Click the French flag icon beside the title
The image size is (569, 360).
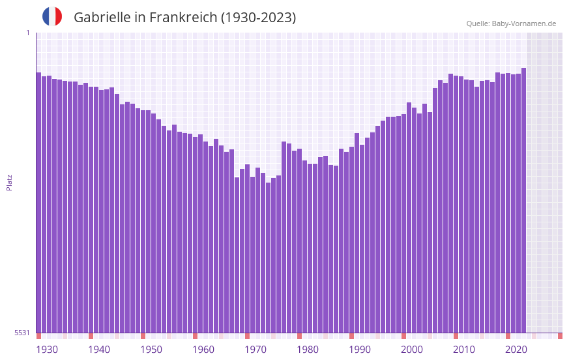pyautogui.click(x=52, y=16)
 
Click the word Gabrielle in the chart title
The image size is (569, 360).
pyautogui.click(x=102, y=18)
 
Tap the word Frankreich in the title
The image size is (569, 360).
pyautogui.click(x=182, y=18)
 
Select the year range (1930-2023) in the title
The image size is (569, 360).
pyautogui.click(x=258, y=18)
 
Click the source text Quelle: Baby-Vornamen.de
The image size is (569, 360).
pyautogui.click(x=511, y=23)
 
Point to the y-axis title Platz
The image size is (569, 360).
pyautogui.click(x=9, y=182)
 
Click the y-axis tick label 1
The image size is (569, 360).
pyautogui.click(x=27, y=33)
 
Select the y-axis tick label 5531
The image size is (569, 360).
pyautogui.click(x=22, y=333)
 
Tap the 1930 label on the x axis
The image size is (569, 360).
pyautogui.click(x=47, y=350)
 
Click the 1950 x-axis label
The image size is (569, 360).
pyautogui.click(x=151, y=350)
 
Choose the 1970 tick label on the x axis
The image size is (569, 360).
pyautogui.click(x=255, y=350)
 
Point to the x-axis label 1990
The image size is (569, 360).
pyautogui.click(x=360, y=350)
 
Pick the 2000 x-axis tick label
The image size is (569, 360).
pyautogui.click(x=412, y=350)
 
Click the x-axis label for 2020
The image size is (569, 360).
pyautogui.click(x=516, y=350)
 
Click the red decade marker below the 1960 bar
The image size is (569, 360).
pyautogui.click(x=195, y=336)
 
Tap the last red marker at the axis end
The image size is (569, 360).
pyautogui.click(x=560, y=336)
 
